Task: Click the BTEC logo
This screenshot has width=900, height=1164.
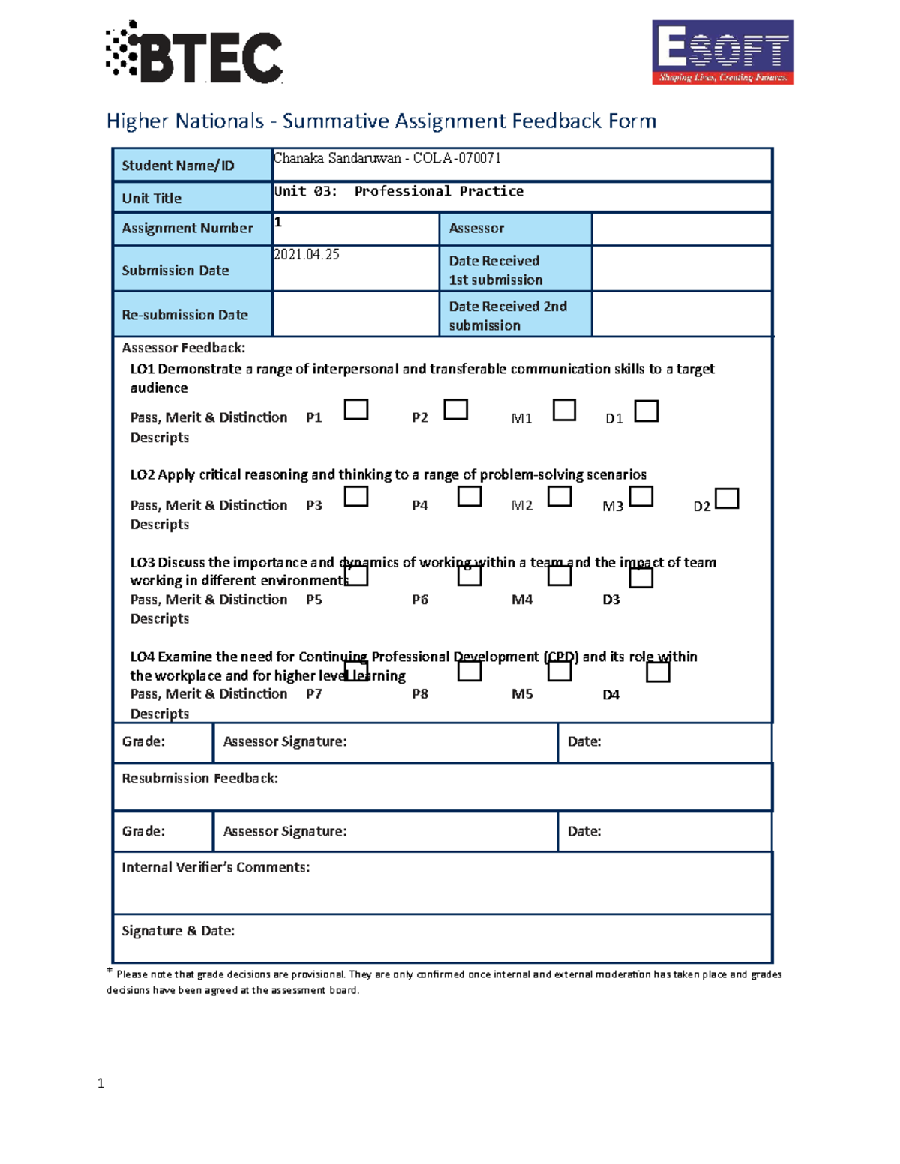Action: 194,52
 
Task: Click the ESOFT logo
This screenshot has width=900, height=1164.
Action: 722,52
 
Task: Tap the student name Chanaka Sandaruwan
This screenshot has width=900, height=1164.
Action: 337,158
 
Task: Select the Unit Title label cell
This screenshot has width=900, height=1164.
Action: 192,198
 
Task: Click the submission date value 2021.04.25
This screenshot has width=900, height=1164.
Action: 307,255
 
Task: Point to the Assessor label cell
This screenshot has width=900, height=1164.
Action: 514,228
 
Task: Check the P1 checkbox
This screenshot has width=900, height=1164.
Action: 355,410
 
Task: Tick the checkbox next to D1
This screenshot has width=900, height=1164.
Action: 646,411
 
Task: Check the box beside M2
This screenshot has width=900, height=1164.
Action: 559,497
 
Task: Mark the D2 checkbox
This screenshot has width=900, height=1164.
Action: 727,498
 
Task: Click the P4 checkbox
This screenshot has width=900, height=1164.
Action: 469,497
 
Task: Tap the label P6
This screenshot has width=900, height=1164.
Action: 420,600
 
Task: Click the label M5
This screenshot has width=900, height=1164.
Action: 522,694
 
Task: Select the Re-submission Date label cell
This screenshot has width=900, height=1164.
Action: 192,315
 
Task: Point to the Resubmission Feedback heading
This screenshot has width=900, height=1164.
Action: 199,779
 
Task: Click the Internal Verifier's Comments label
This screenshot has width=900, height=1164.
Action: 215,867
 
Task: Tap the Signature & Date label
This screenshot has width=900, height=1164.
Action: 178,931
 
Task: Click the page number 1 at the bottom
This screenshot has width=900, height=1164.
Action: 100,1083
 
